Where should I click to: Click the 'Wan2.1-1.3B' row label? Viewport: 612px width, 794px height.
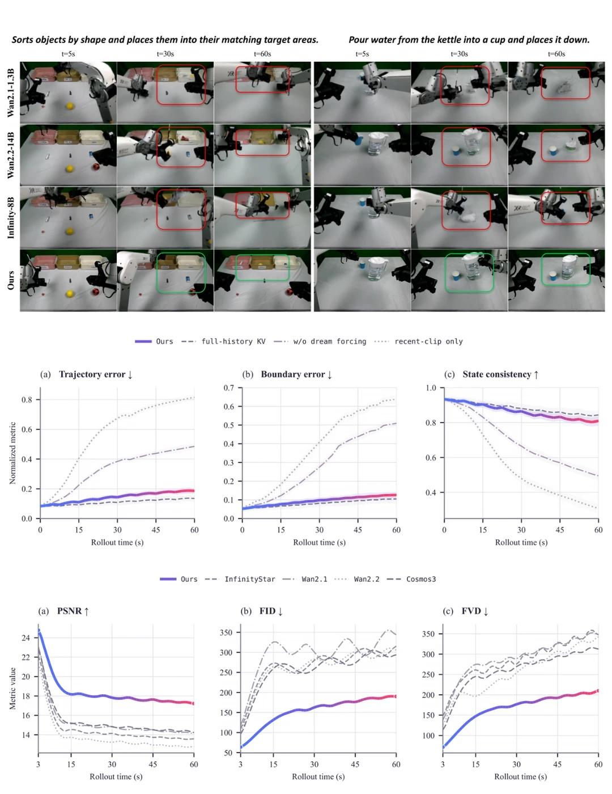[x=11, y=93]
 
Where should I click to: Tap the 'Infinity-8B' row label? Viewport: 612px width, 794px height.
[x=11, y=218]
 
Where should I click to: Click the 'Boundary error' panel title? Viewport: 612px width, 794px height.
[x=296, y=374]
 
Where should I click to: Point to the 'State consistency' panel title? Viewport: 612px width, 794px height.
[x=501, y=374]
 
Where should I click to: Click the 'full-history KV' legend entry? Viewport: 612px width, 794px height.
[x=223, y=341]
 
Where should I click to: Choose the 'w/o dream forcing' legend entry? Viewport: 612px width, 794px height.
[x=320, y=341]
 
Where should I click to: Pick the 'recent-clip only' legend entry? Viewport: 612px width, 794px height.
[x=419, y=341]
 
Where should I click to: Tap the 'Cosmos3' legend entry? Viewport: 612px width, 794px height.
[x=411, y=579]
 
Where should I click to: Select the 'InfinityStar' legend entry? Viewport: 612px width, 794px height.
[x=240, y=579]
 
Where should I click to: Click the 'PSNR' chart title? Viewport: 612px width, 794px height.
[x=73, y=611]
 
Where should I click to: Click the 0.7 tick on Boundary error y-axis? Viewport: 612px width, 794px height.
[x=228, y=388]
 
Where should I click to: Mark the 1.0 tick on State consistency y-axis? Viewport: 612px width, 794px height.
[x=431, y=388]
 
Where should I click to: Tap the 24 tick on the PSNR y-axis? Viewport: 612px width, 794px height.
[x=25, y=637]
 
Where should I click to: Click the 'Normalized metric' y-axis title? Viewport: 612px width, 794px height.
[x=12, y=453]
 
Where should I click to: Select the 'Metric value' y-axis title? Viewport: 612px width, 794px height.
[x=12, y=689]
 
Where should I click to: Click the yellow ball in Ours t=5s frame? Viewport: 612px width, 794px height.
[x=70, y=293]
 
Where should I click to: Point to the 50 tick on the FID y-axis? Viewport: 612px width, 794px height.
[x=228, y=753]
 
